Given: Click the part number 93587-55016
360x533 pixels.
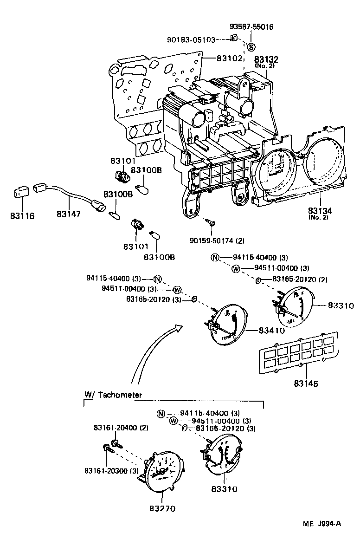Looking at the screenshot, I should [251, 27].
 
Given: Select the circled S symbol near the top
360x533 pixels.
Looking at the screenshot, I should [251, 46].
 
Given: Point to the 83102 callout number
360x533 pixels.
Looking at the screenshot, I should [230, 59].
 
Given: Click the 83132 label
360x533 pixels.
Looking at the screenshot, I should [266, 59].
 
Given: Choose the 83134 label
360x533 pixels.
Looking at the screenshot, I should [318, 211].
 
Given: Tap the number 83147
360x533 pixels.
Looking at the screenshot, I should [69, 214].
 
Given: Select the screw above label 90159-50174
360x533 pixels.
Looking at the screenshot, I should [212, 225].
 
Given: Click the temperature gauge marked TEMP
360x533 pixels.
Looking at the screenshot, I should [227, 325].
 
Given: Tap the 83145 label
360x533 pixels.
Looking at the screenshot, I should [306, 383].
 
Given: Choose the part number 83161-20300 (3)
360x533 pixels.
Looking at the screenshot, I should [111, 471].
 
